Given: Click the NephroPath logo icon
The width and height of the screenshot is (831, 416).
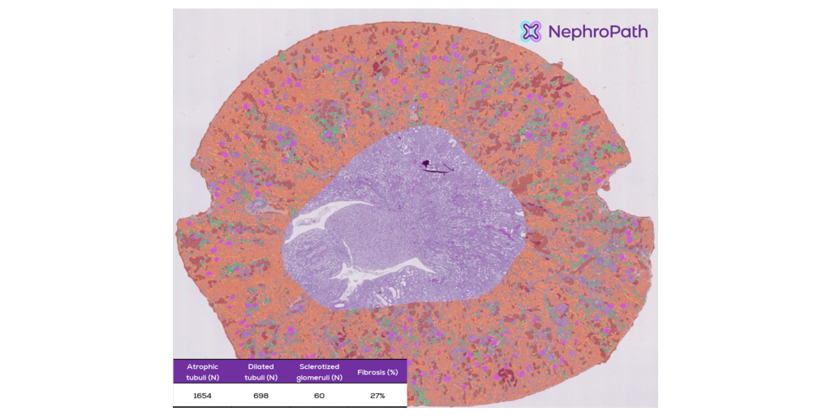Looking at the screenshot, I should [x=531, y=32].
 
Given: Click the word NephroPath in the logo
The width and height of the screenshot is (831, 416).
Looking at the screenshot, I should [x=598, y=32].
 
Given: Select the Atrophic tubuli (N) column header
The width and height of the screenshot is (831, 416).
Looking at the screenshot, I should [x=203, y=371].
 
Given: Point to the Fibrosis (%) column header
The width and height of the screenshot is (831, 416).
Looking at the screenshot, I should [x=377, y=372].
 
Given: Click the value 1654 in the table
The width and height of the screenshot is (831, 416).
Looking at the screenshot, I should [x=203, y=396].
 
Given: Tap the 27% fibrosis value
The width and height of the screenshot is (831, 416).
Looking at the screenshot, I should [x=377, y=396].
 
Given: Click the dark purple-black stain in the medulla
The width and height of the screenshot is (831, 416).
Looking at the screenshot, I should [x=425, y=164].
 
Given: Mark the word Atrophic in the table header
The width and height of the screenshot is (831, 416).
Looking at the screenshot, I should [x=203, y=366].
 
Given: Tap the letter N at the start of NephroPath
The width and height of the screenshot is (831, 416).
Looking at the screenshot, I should [x=555, y=32].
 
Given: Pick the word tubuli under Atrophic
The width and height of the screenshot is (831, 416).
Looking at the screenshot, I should [x=197, y=376].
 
